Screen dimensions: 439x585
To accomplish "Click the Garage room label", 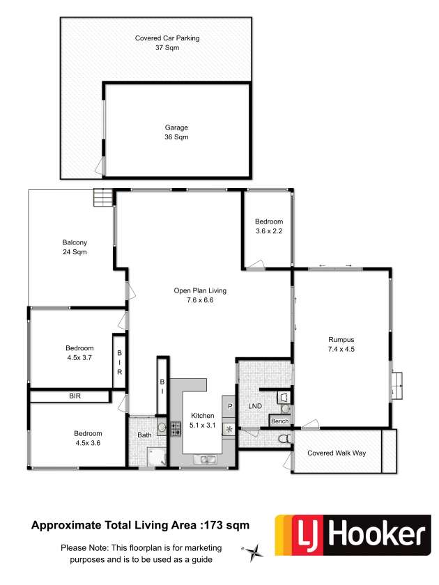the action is coord(176,127).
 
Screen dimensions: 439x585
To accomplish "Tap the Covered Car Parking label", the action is coord(167,38).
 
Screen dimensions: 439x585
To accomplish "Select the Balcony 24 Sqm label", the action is coord(75,247).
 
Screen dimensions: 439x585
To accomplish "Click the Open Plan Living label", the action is coord(200,290).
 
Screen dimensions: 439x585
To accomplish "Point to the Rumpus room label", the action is coord(341,340).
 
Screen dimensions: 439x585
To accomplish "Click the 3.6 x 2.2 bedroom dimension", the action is coord(269,231).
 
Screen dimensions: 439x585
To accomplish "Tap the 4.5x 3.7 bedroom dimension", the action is coord(79,357).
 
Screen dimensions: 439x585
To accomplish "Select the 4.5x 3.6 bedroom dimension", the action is coord(88,443).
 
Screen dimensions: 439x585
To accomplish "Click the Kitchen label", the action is coord(203,416).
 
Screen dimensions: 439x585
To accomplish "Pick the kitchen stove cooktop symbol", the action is coord(176,429).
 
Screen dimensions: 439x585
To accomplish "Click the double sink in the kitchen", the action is coord(205,460).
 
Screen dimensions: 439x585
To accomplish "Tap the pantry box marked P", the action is coord(229,406).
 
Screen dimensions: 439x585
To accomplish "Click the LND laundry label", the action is coord(255,406).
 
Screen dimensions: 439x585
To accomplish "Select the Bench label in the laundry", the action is coord(280,421).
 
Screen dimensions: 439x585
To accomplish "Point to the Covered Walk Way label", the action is coord(337,453).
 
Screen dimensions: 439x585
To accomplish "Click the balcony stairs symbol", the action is coord(102,198).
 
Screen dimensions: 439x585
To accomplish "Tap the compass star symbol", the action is coord(253,552).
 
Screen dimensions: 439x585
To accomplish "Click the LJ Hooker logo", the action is coord(353,535).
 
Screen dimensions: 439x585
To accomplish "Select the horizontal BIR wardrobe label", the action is coord(75,396).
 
